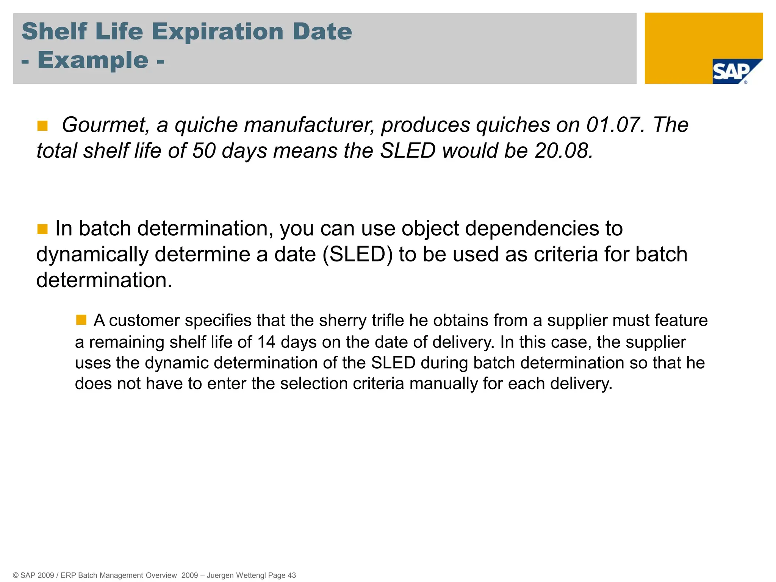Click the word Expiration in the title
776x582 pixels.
(x=218, y=31)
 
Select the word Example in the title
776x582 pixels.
(x=93, y=60)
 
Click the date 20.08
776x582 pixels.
(x=564, y=151)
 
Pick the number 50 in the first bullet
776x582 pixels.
(x=204, y=151)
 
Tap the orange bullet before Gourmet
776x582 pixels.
(x=42, y=126)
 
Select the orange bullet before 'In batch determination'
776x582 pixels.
(x=42, y=229)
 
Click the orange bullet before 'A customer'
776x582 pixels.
(x=81, y=320)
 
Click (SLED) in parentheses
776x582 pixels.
(x=357, y=254)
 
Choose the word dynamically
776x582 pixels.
(x=92, y=254)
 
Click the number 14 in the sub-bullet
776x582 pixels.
(x=266, y=342)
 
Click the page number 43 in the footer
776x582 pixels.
(x=291, y=575)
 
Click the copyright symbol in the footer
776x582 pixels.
(x=16, y=575)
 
